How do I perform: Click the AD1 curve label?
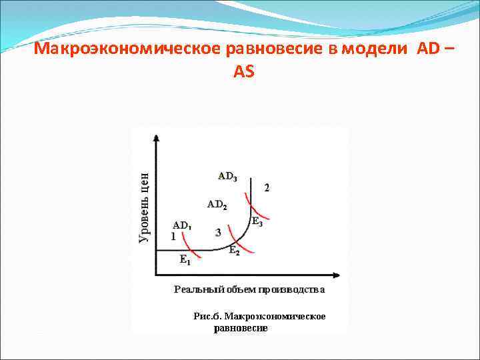click(181, 225)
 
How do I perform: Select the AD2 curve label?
click(217, 204)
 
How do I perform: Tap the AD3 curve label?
click(227, 177)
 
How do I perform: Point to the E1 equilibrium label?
click(185, 261)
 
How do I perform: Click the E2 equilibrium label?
click(235, 251)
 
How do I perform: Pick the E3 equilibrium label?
click(257, 222)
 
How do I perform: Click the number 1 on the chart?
click(173, 236)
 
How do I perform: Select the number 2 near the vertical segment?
click(267, 187)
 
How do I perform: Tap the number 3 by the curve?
click(219, 232)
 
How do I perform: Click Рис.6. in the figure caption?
click(207, 316)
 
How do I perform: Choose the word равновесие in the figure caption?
click(240, 329)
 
